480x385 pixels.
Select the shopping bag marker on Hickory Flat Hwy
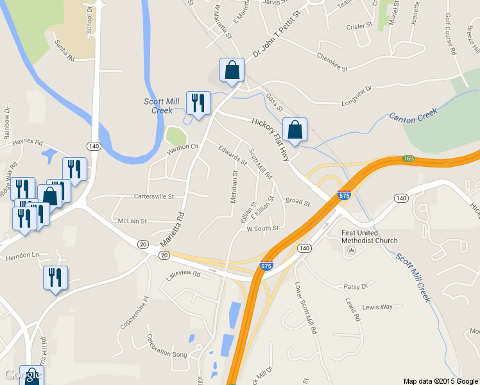pyautogui.click(x=295, y=129)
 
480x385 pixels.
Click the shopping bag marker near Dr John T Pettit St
pyautogui.click(x=232, y=71)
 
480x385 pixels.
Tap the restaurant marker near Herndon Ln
pyautogui.click(x=55, y=277)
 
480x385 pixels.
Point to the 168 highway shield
pyautogui.click(x=408, y=158)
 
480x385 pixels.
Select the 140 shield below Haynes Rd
pyautogui.click(x=94, y=146)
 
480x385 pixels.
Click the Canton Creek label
pyautogui.click(x=413, y=116)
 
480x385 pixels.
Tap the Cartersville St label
pyautogui.click(x=154, y=196)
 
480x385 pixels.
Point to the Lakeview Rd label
pyautogui.click(x=184, y=275)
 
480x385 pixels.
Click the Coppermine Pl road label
pyautogui.click(x=133, y=313)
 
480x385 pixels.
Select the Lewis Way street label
pyautogui.click(x=377, y=307)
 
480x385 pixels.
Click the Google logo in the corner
pyautogui.click(x=23, y=375)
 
